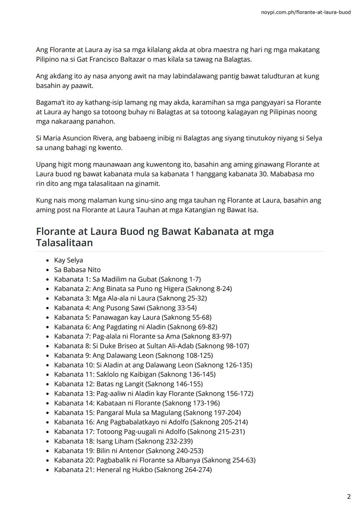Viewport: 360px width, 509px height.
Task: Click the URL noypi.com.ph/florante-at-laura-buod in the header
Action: [x=306, y=12]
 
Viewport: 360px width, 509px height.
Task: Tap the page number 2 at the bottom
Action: [x=349, y=497]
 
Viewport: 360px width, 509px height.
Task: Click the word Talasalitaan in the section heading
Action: [x=64, y=243]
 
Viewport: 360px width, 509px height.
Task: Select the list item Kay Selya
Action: [x=68, y=260]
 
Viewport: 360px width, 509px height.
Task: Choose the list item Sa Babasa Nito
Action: [x=77, y=270]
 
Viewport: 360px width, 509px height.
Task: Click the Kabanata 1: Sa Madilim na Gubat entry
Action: [x=127, y=279]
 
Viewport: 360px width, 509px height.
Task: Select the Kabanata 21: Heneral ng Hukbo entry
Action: [x=133, y=470]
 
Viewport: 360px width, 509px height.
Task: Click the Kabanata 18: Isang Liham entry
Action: [x=123, y=441]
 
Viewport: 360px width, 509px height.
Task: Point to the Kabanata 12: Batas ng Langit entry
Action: [x=128, y=384]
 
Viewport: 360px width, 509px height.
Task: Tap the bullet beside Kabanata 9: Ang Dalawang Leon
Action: [x=48, y=356]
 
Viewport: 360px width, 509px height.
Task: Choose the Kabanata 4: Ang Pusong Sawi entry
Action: [x=125, y=308]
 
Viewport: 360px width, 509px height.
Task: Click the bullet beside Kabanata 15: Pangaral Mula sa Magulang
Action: [x=48, y=413]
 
